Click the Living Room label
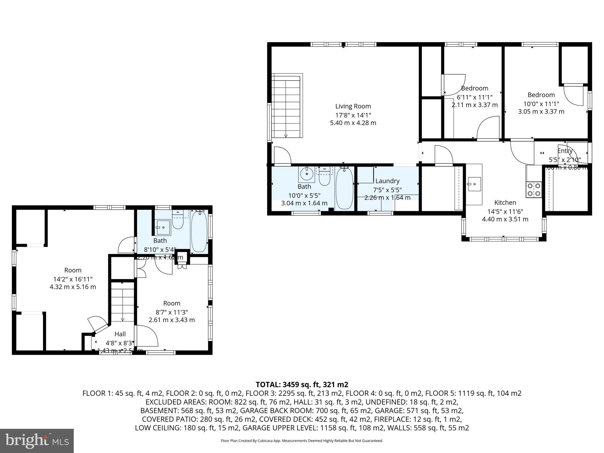(353, 106)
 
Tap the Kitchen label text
(505, 202)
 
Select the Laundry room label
(387, 181)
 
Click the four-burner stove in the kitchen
(534, 190)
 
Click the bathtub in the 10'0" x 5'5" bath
(344, 188)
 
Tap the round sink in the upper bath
(306, 174)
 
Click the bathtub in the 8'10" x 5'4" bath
(199, 232)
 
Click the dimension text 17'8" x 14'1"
(353, 115)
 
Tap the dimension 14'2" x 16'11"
(73, 279)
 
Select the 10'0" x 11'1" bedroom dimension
(541, 104)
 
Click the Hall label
(120, 334)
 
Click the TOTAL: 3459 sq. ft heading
(302, 385)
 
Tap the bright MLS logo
(37, 441)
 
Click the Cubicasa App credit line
(302, 441)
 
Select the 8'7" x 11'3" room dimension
(172, 312)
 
